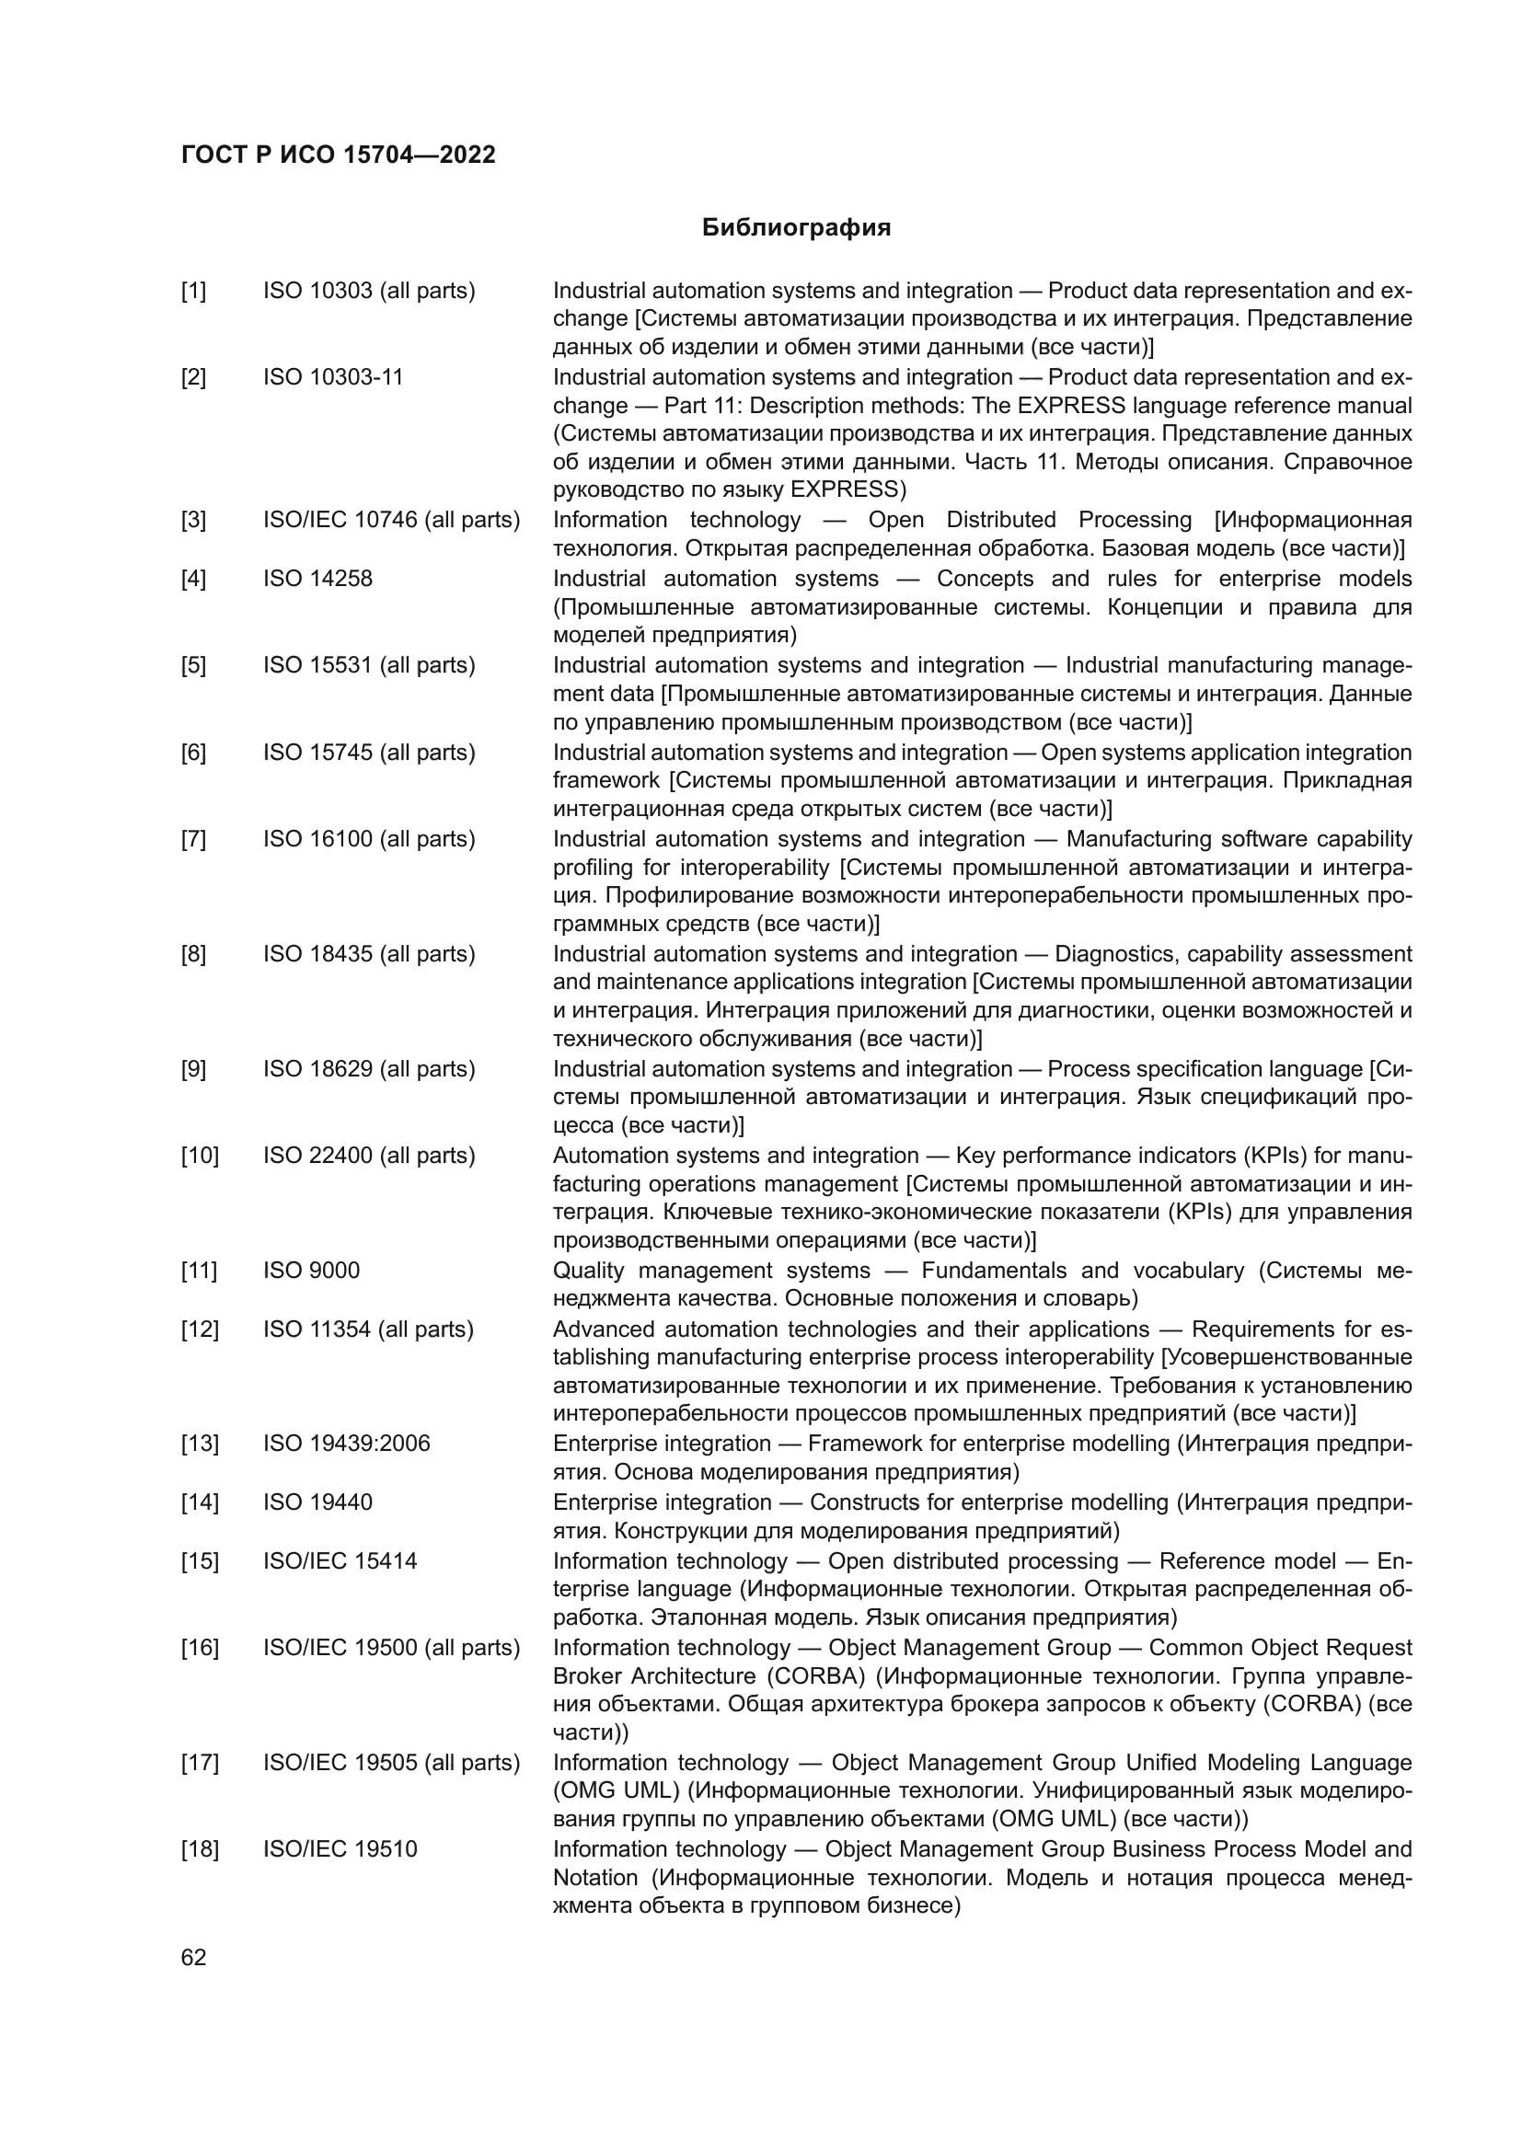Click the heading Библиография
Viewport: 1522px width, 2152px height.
click(796, 228)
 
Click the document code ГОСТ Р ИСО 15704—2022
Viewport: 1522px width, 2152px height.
click(339, 155)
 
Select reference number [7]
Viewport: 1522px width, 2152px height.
click(194, 839)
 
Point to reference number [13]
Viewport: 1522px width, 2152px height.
click(200, 1444)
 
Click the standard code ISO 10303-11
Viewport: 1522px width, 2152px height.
click(333, 377)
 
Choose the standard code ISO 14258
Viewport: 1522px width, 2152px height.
click(317, 579)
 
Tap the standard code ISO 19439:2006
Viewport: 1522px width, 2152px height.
click(347, 1444)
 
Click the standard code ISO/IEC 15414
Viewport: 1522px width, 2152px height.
click(340, 1560)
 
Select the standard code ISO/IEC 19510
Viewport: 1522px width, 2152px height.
click(340, 1849)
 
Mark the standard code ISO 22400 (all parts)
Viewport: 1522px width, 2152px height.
click(369, 1156)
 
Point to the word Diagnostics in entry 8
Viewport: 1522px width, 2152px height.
click(1109, 954)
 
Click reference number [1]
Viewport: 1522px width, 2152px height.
click(194, 291)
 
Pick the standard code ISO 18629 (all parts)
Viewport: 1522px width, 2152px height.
click(369, 1069)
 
